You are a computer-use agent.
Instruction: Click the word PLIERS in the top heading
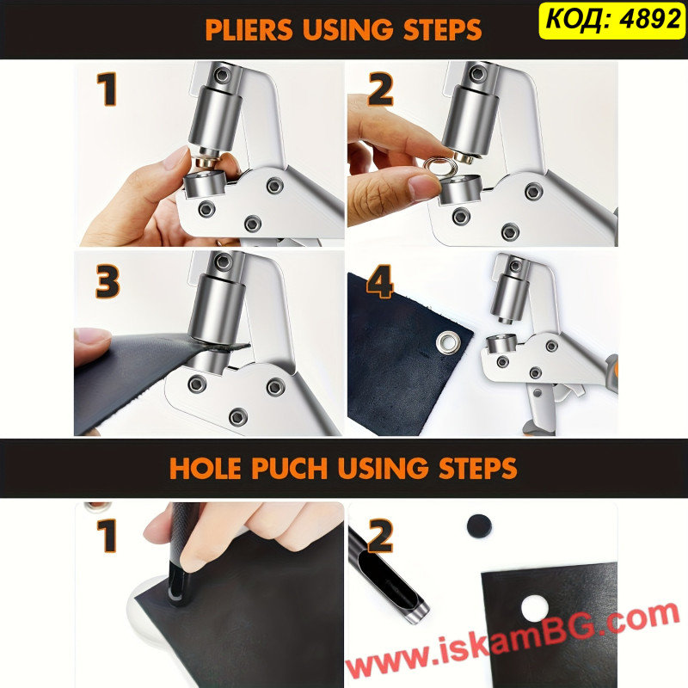click(249, 29)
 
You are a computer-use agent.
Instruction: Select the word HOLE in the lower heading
click(206, 468)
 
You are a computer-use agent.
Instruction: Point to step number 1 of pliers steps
click(107, 89)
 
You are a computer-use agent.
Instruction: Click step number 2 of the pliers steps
click(380, 89)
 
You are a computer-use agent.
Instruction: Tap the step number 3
click(107, 281)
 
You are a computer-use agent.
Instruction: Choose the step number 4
click(379, 281)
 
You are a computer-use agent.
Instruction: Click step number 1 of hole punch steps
click(107, 535)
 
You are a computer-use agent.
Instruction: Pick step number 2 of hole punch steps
click(380, 535)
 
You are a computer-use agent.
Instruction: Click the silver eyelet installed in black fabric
click(448, 342)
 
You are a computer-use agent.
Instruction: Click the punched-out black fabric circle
click(479, 525)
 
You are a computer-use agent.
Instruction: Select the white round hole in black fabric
click(535, 608)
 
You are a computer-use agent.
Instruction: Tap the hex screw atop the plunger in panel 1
click(223, 75)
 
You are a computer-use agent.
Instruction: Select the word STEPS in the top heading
click(442, 29)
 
